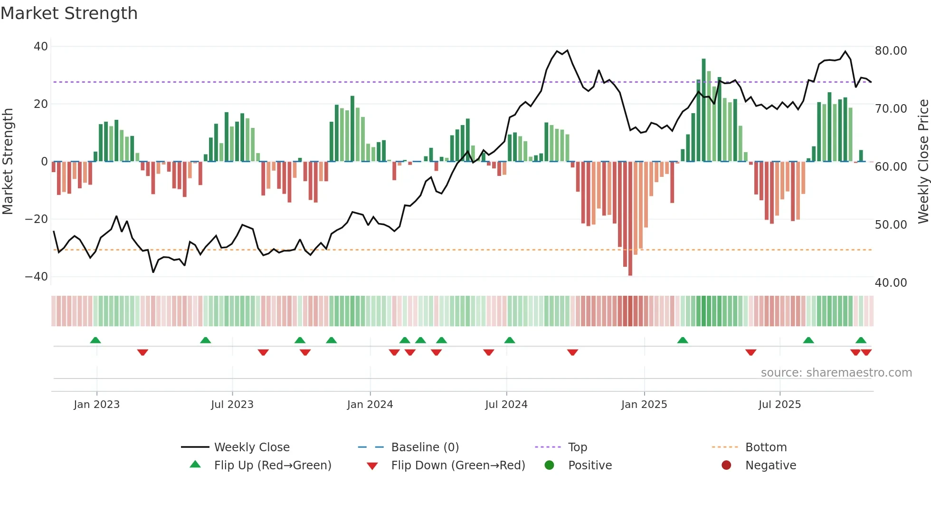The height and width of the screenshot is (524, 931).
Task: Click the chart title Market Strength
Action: tap(69, 13)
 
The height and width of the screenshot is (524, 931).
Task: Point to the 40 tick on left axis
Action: tap(41, 47)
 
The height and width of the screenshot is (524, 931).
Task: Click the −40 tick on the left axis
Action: tap(37, 277)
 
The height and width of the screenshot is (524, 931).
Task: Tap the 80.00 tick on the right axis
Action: tap(891, 51)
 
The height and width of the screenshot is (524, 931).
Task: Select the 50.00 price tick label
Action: tap(891, 225)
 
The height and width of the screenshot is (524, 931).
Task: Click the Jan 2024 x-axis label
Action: tap(370, 405)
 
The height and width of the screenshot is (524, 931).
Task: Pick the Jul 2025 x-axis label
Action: tap(779, 405)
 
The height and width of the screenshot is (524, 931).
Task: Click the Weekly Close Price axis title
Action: tap(923, 162)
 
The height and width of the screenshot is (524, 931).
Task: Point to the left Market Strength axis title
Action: tap(8, 162)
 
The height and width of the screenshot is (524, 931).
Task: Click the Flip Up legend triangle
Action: tap(195, 465)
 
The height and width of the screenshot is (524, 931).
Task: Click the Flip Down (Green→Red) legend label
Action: tap(458, 466)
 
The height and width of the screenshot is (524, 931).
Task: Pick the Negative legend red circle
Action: tap(726, 466)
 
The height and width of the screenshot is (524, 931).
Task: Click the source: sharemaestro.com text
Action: tap(836, 373)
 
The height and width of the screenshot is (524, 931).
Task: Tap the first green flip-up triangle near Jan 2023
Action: tap(95, 340)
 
